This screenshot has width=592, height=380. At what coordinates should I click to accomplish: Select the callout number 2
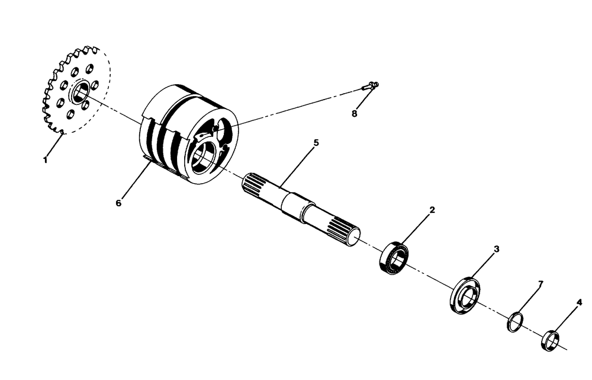(x=432, y=210)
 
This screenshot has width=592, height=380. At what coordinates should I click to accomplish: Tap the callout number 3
(x=497, y=249)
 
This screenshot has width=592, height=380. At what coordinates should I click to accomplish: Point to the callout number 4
(x=579, y=302)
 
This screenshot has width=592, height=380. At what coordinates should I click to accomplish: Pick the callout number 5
(x=316, y=143)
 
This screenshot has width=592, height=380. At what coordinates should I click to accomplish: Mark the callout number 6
(x=118, y=203)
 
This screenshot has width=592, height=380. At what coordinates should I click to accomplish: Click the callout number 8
(x=355, y=114)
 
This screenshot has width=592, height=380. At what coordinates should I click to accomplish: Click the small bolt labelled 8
(x=371, y=85)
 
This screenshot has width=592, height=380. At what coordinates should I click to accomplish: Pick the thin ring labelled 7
(x=515, y=322)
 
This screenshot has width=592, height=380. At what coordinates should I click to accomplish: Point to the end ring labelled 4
(x=551, y=340)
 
